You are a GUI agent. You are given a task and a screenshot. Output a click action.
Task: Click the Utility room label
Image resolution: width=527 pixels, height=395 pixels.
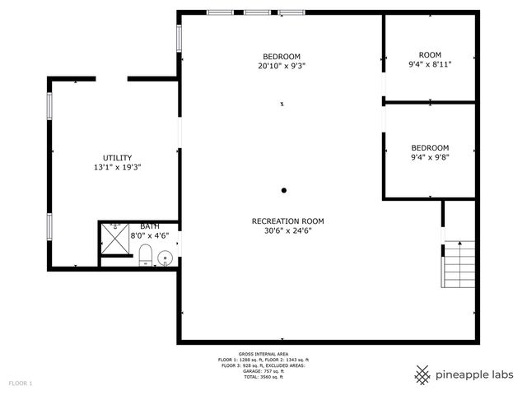[117, 157]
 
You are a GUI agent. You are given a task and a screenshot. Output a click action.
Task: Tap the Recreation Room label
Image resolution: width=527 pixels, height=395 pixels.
[287, 221]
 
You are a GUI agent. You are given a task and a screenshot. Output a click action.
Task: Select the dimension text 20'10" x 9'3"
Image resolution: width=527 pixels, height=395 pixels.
[282, 66]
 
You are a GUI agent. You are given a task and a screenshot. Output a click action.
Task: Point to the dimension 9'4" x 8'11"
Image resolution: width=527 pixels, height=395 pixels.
[430, 63]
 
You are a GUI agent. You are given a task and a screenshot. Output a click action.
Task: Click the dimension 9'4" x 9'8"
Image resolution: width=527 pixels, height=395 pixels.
[430, 157]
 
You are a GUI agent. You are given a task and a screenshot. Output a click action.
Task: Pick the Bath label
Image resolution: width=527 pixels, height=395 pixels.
[150, 226]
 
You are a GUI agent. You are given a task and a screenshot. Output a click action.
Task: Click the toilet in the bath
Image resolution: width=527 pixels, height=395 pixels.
[145, 255]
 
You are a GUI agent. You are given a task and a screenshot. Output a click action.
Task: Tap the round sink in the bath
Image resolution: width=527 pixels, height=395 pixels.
[164, 258]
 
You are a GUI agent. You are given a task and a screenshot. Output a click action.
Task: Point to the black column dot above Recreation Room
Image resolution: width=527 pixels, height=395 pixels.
[284, 190]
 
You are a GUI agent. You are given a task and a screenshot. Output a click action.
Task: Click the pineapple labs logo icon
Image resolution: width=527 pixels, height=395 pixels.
[422, 375]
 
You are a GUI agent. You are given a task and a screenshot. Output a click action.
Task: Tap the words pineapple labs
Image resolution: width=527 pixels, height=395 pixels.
[476, 375]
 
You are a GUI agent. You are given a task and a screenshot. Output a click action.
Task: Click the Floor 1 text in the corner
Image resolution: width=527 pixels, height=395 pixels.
[21, 383]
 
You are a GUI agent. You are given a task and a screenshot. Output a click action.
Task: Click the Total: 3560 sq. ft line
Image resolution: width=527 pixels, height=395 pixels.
[262, 377]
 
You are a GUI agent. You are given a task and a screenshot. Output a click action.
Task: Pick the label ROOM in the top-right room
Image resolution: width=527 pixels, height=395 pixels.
[430, 54]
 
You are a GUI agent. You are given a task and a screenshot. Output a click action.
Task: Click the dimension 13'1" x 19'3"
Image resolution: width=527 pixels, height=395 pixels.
[117, 167]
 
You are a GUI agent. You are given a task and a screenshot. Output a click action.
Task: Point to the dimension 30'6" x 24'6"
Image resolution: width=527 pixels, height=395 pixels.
[287, 230]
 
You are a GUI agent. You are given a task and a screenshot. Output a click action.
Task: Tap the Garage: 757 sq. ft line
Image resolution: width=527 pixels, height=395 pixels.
[262, 371]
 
